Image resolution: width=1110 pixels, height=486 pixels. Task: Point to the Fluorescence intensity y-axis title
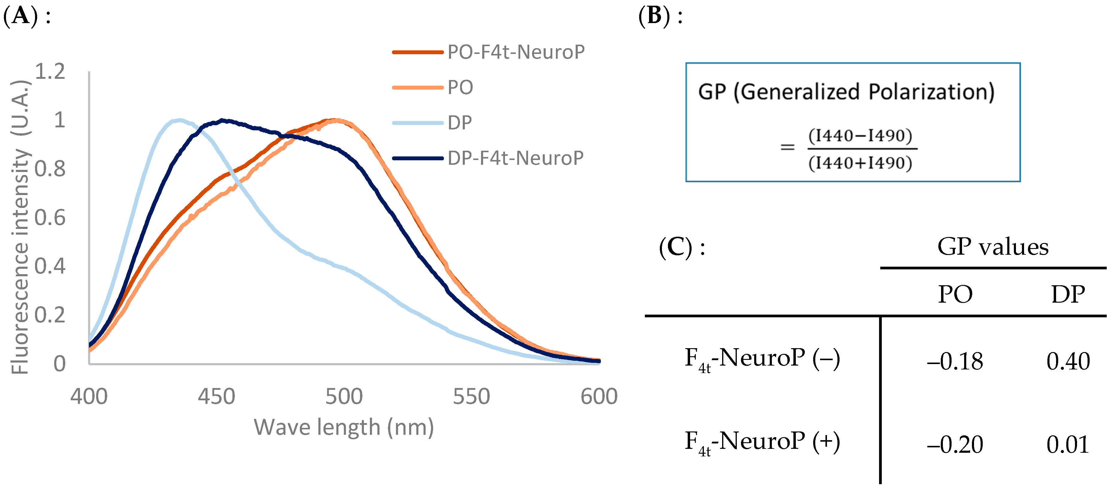tap(20, 227)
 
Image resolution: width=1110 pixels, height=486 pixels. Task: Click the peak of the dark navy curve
tap(222, 120)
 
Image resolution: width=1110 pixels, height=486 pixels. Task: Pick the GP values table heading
tap(993, 247)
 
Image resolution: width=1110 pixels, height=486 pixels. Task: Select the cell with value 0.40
tap(1068, 361)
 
